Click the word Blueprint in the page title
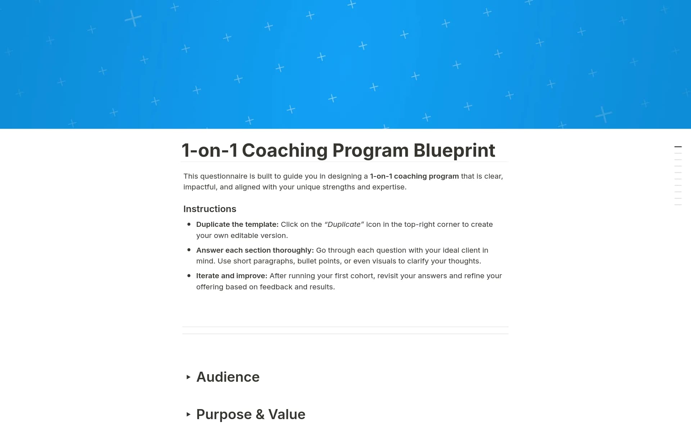(x=454, y=150)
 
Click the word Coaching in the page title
(x=284, y=150)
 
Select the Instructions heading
(x=210, y=209)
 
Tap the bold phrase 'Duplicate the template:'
(x=237, y=224)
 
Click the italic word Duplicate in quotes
(x=344, y=224)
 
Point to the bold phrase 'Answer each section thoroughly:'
(x=255, y=250)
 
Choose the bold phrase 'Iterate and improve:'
(x=231, y=276)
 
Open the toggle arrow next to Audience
(x=188, y=377)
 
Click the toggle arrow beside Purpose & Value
(x=188, y=414)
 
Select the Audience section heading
(x=228, y=377)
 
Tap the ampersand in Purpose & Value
(x=260, y=414)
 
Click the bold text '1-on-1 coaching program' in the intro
(x=414, y=176)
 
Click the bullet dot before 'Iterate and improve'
(x=189, y=276)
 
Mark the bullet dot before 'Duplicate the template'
(x=189, y=224)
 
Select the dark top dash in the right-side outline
(x=678, y=147)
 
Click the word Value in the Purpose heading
(x=287, y=414)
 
